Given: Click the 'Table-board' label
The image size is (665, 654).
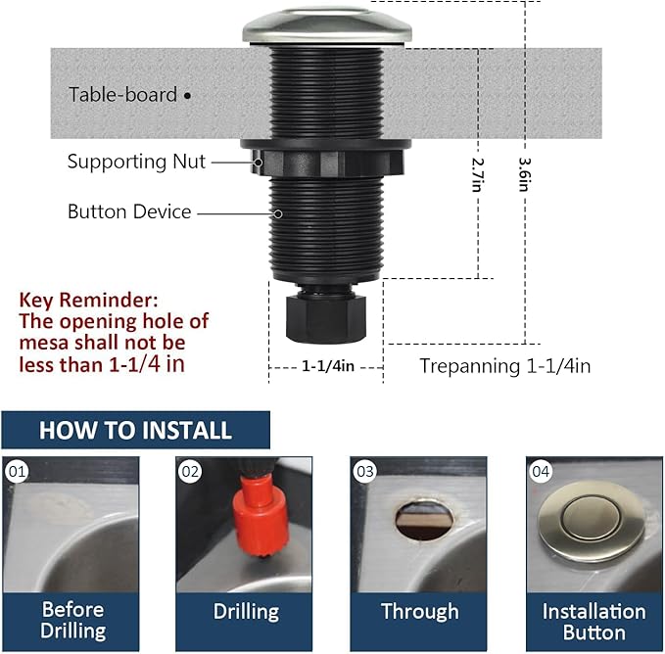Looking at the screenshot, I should (x=122, y=95).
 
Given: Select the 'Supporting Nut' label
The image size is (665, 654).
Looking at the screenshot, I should (x=136, y=162).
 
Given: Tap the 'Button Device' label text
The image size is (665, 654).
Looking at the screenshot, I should (x=129, y=211).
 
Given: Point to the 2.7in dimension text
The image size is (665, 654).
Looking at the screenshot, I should (x=477, y=176).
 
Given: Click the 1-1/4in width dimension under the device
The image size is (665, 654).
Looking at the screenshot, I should (x=326, y=365).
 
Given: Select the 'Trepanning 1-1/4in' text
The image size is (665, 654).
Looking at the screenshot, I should (x=504, y=366).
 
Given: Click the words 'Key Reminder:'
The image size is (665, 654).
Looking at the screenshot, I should (x=87, y=300).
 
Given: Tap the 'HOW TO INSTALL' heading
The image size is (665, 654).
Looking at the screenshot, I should (x=135, y=430).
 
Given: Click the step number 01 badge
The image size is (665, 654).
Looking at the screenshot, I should (x=16, y=472).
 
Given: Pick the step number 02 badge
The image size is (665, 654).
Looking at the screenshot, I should (x=190, y=472).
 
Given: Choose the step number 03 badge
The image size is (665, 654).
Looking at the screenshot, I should (x=365, y=472).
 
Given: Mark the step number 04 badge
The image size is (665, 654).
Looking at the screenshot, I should (x=541, y=472).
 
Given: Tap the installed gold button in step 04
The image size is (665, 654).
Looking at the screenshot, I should (x=587, y=525).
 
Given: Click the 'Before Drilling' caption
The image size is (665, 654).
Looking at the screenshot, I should (x=72, y=621).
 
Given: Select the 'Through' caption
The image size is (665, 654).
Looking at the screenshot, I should (x=419, y=612).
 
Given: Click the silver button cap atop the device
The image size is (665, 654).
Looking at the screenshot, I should (x=327, y=23).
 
